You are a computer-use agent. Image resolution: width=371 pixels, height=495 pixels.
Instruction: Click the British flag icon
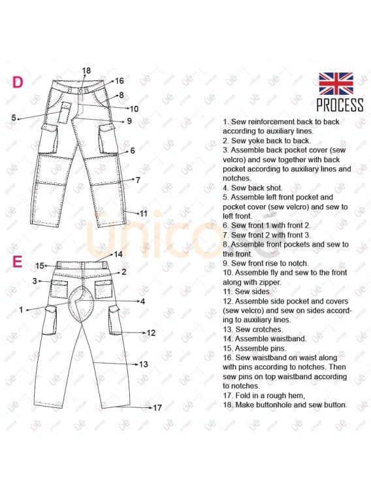336,84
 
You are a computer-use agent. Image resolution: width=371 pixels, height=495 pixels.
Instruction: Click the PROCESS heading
340,105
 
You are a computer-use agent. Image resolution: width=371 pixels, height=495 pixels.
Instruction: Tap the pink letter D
18,82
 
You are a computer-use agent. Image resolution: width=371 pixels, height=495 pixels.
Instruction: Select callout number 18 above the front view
86,71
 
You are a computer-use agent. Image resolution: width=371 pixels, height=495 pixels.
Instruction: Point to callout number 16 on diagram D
120,81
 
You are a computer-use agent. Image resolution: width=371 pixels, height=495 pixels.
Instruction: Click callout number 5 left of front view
14,118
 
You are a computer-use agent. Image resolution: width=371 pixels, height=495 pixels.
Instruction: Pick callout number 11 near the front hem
144,213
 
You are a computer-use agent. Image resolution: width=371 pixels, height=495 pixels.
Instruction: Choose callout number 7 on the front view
138,179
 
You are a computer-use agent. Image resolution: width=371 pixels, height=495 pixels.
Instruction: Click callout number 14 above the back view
118,254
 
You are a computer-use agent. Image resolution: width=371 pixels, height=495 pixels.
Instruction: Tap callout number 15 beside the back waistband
40,265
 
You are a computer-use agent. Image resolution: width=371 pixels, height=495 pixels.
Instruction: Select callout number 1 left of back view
21,309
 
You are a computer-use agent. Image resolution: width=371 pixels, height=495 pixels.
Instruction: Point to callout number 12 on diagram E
151,333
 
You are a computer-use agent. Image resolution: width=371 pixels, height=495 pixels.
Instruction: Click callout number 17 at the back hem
157,407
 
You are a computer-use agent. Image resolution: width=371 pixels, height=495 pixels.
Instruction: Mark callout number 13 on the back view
144,364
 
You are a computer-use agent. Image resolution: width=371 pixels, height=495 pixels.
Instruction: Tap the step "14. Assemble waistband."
264,339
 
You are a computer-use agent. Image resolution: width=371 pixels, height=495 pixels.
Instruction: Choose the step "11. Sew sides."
250,292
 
